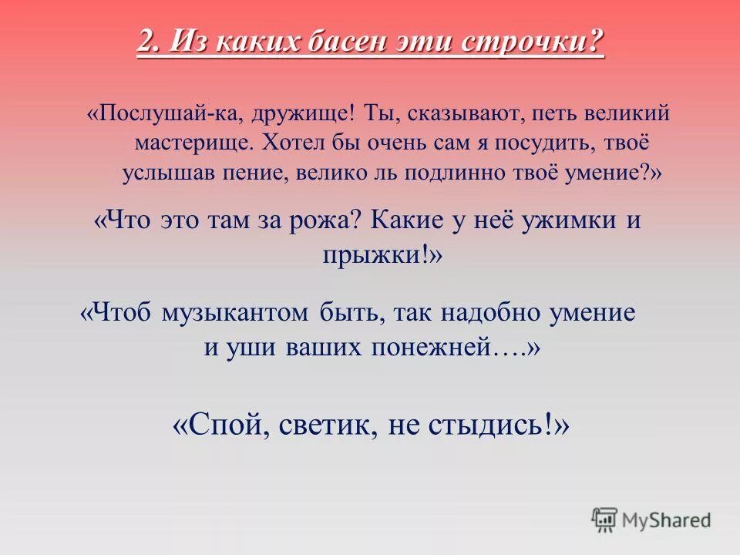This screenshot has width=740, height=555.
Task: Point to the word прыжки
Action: (375, 255)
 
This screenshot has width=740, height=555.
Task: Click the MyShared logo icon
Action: (604, 520)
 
